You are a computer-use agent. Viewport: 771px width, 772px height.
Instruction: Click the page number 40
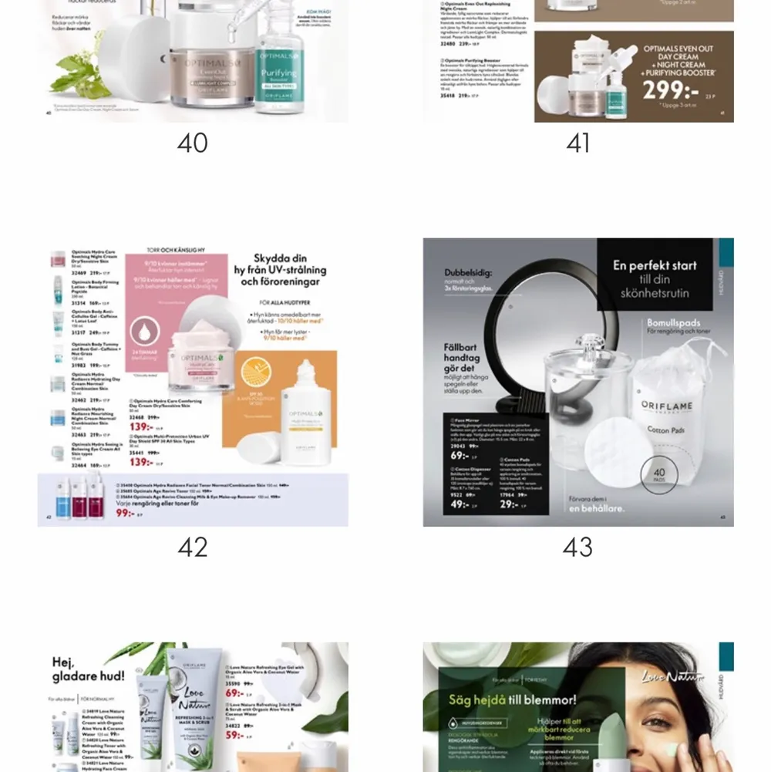(x=192, y=143)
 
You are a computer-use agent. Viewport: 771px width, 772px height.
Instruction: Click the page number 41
(x=577, y=143)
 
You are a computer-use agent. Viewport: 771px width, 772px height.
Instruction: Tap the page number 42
(x=192, y=547)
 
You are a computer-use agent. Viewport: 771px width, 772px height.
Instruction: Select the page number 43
(x=577, y=547)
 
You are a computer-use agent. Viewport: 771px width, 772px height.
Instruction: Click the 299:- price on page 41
(x=670, y=90)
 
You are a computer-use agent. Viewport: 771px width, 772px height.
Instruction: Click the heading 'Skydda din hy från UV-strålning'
(x=280, y=270)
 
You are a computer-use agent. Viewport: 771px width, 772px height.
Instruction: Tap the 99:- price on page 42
(x=124, y=513)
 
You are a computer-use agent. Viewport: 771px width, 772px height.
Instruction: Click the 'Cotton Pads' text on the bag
(x=668, y=430)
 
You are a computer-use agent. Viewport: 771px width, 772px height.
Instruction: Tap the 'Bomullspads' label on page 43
(x=674, y=322)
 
